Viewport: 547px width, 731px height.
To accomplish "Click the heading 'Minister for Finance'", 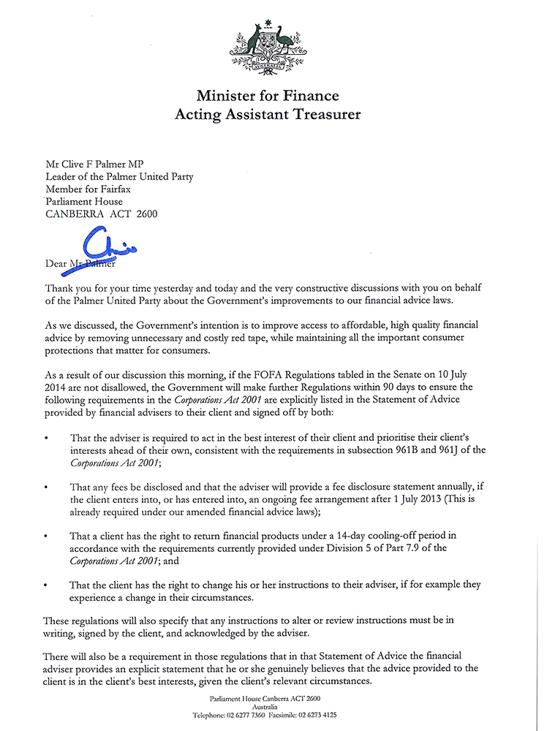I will (x=267, y=96).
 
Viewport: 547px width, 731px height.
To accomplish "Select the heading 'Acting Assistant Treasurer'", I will (x=267, y=114).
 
